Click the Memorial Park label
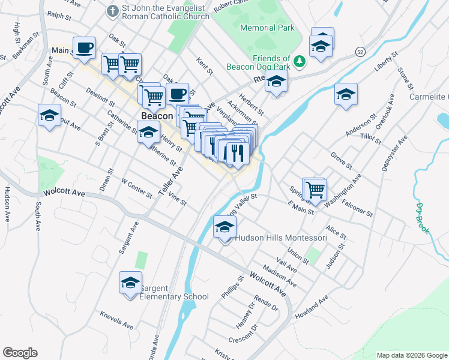[x=267, y=28]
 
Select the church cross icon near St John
[x=112, y=11]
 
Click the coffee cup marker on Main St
[x=84, y=47]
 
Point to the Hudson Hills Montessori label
[x=280, y=238]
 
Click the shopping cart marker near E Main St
[x=315, y=190]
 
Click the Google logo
[x=20, y=353]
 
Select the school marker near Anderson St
[x=346, y=94]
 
